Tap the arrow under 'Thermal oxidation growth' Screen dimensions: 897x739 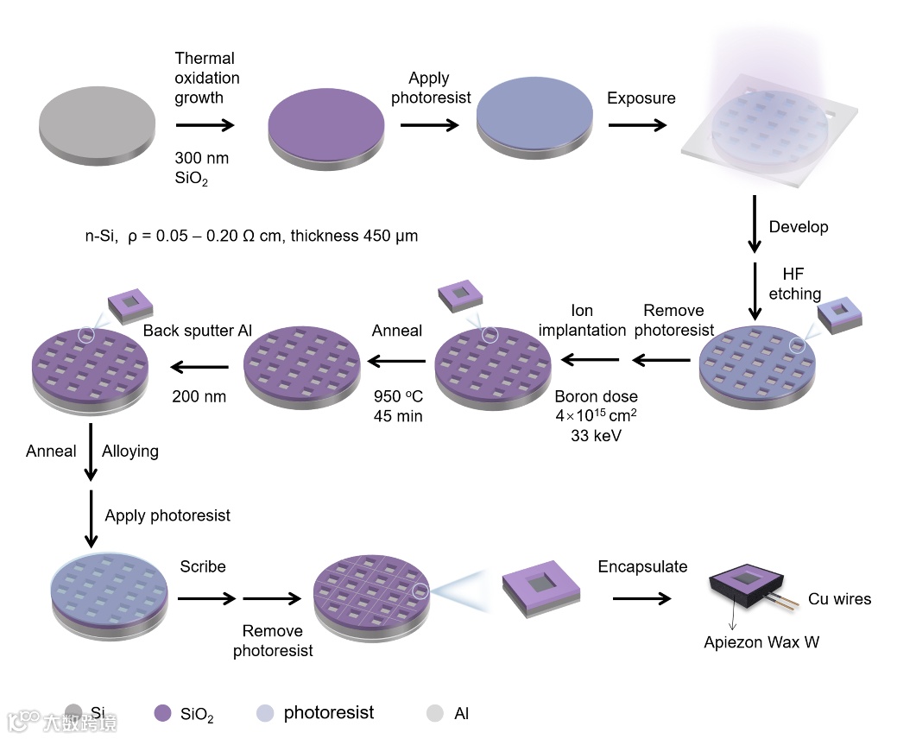pos(205,125)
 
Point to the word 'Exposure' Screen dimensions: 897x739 pos(641,98)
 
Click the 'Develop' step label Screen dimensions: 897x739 pos(799,227)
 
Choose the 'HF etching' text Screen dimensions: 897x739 pos(794,284)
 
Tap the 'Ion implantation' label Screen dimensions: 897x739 pos(582,320)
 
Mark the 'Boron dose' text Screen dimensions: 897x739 pos(596,397)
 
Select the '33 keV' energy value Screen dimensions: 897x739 pos(597,436)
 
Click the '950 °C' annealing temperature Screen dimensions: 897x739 pos(397,397)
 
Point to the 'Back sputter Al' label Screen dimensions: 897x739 pos(198,331)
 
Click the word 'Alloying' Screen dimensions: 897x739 pos(129,451)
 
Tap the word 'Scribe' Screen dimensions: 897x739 pos(203,567)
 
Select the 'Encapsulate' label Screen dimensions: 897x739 pos(642,567)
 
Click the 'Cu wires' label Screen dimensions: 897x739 pos(839,599)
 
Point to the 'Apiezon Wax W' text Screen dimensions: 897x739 pos(761,642)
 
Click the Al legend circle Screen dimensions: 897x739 pos(436,713)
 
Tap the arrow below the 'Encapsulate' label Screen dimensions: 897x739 pos(641,598)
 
